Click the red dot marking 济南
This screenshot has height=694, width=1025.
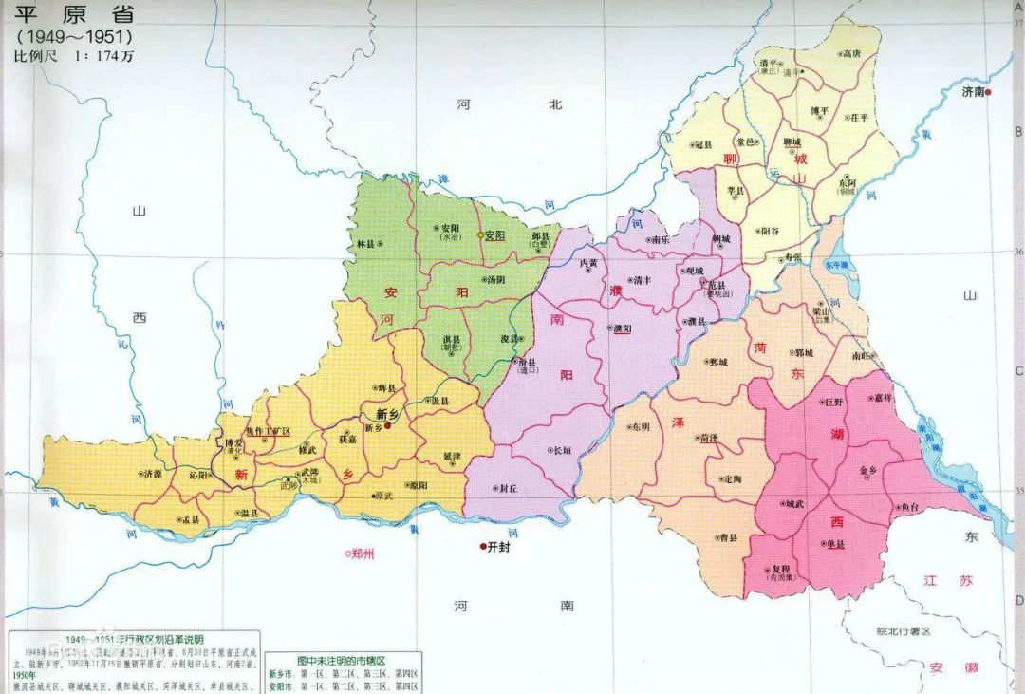988,92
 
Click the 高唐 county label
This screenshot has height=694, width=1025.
850,54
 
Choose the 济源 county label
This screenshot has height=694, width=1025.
152,473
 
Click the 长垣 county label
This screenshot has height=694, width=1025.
561,451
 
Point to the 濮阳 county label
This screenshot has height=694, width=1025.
623,328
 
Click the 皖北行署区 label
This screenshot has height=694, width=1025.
904,630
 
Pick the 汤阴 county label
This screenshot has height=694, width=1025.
494,280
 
